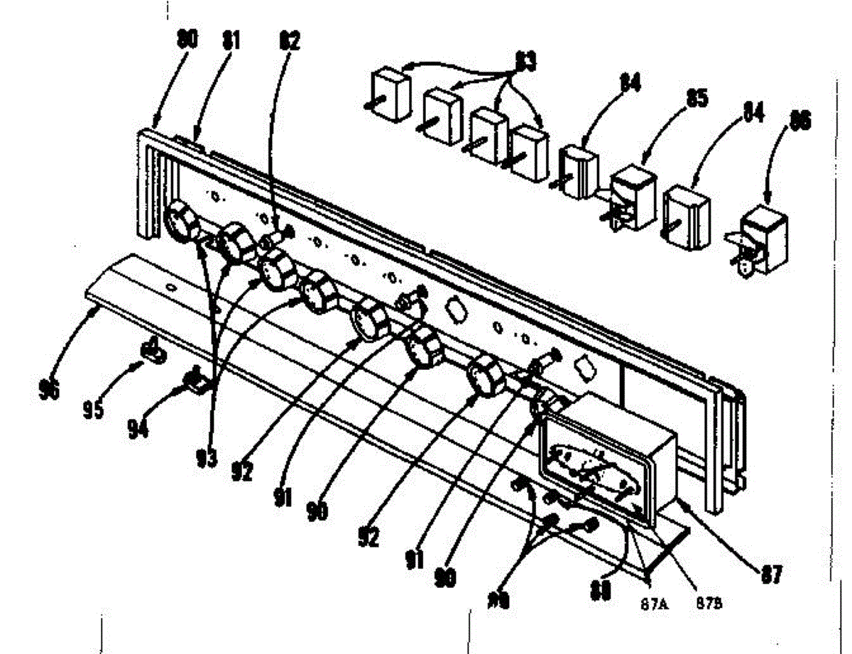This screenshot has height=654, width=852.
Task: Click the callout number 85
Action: click(695, 98)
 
